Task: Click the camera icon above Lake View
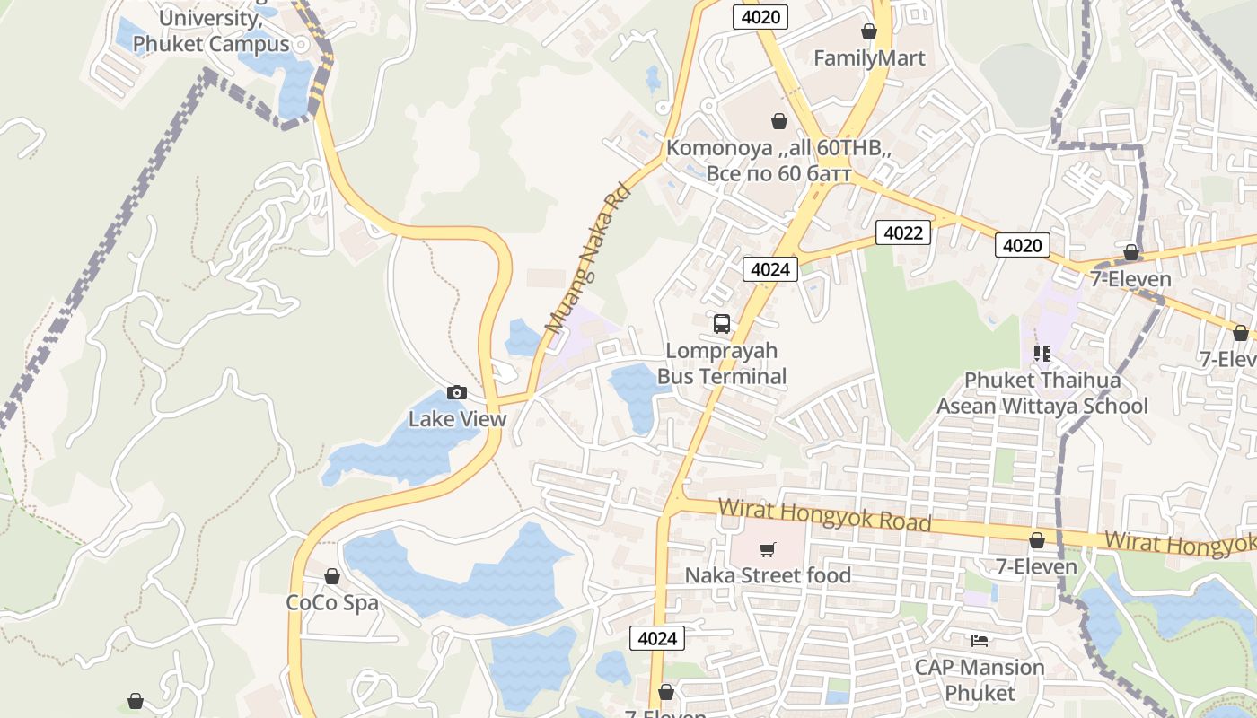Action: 457,393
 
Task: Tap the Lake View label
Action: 457,419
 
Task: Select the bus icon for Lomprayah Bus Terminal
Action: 722,324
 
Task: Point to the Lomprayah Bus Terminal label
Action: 722,363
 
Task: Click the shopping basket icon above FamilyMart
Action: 869,32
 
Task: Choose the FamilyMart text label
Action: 869,58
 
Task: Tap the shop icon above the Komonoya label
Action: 779,121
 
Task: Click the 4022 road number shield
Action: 903,233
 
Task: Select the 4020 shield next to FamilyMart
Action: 760,17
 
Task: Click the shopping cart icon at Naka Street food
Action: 768,549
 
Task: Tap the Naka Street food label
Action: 768,575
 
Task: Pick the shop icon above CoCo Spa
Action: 332,576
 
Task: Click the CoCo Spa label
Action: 332,603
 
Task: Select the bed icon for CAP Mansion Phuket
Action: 980,641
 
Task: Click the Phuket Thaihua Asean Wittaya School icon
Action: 1042,354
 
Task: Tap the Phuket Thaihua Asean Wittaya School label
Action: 1042,393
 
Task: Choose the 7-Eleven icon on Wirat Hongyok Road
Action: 1037,540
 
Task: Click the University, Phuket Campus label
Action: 211,31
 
